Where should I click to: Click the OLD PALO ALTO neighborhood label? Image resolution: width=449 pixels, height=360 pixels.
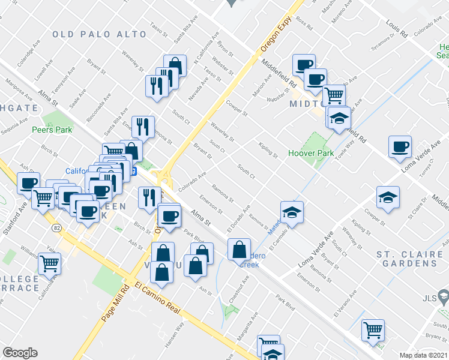coord(99,34)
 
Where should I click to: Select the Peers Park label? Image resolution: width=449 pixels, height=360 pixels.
coord(52,130)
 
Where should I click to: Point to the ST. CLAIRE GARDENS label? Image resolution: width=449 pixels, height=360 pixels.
coord(410,259)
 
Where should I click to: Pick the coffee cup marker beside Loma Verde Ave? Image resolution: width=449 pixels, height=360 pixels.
coord(400,147)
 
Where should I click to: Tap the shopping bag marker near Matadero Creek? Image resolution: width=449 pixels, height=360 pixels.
coord(239,248)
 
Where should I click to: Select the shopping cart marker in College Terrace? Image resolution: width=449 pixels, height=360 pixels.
coord(50,262)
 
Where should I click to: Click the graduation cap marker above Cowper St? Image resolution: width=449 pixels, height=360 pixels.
coord(388,197)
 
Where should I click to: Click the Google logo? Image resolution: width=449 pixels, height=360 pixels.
coord(20,353)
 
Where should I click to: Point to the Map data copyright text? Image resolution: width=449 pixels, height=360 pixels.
coord(424,355)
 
